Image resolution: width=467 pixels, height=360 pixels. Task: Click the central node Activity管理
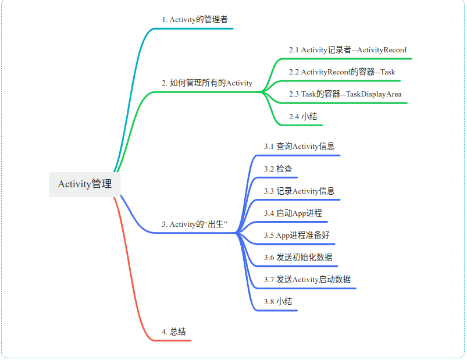tap(85, 184)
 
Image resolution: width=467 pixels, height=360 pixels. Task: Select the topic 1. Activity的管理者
tap(195, 19)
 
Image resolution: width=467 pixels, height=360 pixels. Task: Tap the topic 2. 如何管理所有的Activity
tap(207, 83)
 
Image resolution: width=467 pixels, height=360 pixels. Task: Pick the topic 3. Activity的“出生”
tap(194, 224)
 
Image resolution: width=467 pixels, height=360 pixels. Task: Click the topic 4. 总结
tap(174, 332)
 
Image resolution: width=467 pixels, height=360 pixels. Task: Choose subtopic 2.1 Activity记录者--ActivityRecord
tap(347, 50)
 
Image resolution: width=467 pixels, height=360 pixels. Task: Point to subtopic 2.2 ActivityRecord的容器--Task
tap(342, 72)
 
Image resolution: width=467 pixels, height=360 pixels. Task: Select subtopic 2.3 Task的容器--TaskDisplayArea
tap(345, 94)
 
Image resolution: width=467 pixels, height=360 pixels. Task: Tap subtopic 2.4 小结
tap(303, 116)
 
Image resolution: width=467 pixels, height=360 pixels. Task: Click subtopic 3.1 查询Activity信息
tap(299, 147)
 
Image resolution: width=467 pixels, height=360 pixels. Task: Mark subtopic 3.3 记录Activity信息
tap(299, 191)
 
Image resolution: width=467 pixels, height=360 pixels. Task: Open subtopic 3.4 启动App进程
tap(293, 213)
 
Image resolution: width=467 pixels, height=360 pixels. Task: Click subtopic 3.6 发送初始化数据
tap(298, 258)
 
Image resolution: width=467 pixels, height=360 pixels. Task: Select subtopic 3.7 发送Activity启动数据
tap(307, 280)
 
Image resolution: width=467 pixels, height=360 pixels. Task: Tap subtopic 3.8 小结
tap(278, 302)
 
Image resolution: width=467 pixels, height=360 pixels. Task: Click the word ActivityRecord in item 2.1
tap(382, 50)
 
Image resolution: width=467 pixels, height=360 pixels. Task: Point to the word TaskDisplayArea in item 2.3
tap(374, 94)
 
